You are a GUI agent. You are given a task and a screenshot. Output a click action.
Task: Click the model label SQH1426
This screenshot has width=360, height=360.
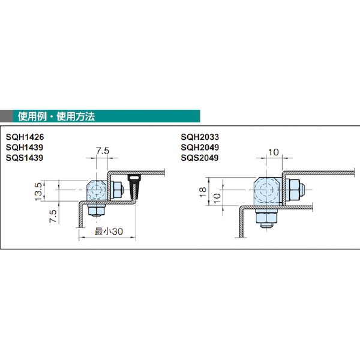pos(25,137)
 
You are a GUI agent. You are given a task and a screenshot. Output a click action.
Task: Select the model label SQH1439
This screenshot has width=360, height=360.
pos(25,148)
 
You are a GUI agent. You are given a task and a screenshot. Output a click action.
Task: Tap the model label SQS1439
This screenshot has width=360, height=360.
pos(25,158)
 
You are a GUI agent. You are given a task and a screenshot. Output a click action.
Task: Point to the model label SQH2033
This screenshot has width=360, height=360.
pos(200,137)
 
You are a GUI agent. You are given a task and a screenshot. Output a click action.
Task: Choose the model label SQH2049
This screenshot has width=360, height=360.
pos(200,148)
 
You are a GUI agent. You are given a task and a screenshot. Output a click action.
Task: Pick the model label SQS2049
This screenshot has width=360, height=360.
pos(200,158)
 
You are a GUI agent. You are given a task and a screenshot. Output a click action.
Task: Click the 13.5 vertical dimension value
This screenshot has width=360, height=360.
pos(38,192)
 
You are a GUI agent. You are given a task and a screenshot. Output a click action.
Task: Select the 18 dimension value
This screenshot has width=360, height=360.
pos(203,192)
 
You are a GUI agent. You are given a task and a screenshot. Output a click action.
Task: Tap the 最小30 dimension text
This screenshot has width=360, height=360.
pos(109,232)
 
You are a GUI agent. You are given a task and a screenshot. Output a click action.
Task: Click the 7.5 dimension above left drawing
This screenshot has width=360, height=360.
pos(103,151)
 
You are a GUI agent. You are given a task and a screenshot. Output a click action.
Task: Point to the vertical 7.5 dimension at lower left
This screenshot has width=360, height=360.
pos(53,216)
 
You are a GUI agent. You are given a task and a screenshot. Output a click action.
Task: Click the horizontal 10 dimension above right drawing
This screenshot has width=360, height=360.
pos(273,152)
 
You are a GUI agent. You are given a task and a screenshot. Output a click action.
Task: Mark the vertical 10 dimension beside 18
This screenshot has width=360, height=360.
pos(217,198)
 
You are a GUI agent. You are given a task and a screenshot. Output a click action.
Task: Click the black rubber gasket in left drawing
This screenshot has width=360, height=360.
pos(134,187)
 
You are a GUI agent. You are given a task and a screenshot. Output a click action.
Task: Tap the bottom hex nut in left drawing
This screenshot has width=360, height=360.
pos(97,209)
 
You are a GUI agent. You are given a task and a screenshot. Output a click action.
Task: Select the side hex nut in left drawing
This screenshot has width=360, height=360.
pos(117,190)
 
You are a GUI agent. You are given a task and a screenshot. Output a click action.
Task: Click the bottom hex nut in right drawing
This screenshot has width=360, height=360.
pos(266,218)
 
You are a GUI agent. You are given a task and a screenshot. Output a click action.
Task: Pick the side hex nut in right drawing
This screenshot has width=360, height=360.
pos(296,190)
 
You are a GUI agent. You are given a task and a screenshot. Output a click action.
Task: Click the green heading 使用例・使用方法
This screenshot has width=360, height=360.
pos(56,116)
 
